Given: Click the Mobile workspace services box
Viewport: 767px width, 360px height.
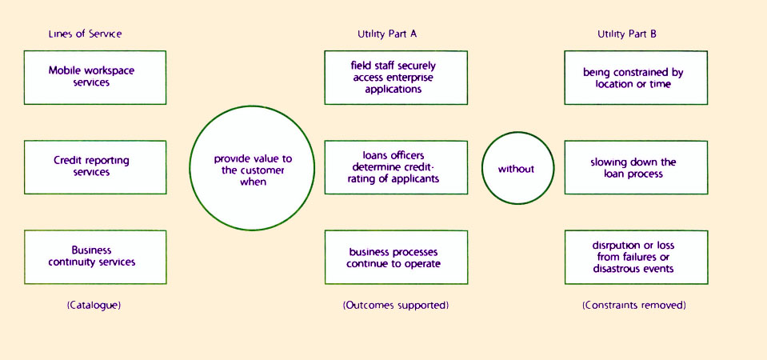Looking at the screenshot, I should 95,77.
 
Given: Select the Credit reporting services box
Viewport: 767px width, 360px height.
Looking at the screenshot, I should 95,167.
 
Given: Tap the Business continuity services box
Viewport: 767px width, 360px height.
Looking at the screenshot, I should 95,256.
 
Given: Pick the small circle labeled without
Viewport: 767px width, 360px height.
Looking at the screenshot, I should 516,169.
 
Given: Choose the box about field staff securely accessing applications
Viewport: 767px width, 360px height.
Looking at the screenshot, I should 396,78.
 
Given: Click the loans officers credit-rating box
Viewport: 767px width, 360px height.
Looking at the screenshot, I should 396,167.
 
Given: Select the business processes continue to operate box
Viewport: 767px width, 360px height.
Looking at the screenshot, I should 396,257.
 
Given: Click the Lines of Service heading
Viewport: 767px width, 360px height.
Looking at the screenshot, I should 85,34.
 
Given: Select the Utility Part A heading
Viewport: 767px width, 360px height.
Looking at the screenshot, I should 387,34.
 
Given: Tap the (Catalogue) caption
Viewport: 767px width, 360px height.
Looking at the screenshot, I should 94,306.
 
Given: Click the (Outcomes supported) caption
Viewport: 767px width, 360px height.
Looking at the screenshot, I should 396,306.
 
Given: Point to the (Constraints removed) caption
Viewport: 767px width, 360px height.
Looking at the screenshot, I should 633,306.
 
